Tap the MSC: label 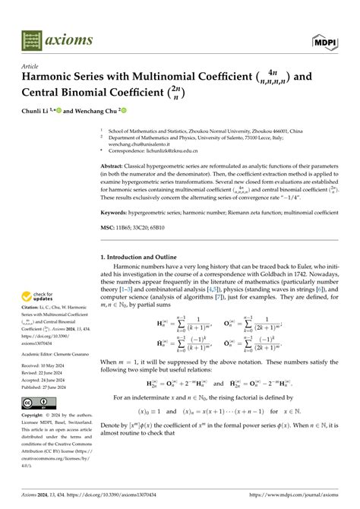[110, 226]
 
